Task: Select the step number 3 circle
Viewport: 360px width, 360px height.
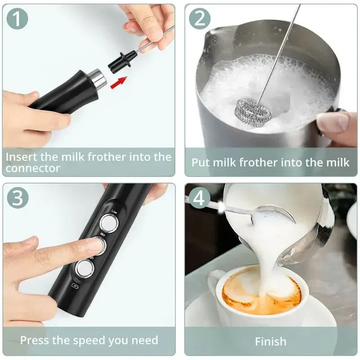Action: coord(18,198)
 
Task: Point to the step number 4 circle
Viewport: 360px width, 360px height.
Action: coord(200,198)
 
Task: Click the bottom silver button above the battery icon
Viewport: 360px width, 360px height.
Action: coord(84,269)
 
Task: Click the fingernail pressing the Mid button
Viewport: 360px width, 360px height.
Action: coord(95,245)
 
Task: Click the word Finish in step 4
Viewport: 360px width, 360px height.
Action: coord(270,342)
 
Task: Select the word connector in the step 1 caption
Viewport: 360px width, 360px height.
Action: coord(33,168)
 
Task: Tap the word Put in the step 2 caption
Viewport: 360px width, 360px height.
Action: coord(201,162)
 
